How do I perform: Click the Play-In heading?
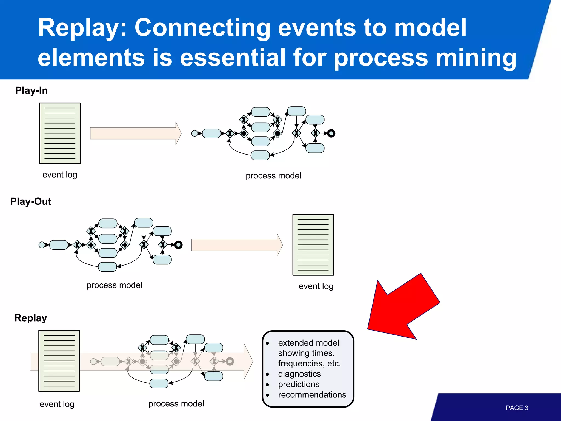coord(31,90)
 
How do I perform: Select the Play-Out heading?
coord(31,201)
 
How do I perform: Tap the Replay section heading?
coord(31,318)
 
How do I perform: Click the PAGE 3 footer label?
coord(517,408)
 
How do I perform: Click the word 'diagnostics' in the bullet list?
coord(299,374)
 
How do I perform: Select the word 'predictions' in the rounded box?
coord(299,384)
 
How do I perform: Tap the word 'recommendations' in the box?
coord(312,395)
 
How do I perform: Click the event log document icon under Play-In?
coord(60,133)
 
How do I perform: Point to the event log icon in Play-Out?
coord(313,245)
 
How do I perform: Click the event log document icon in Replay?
coord(59,361)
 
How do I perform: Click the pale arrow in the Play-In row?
coord(136,133)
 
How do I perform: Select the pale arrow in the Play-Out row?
coord(237,245)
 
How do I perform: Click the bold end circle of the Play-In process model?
coord(331,133)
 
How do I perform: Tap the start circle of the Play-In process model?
coord(194,133)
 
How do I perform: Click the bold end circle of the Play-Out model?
coord(178,245)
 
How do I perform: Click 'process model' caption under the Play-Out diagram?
coord(114,285)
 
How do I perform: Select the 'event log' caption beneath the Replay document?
coord(57,404)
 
